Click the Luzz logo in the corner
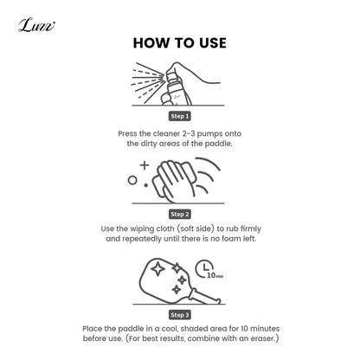point(36,25)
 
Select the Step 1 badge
point(180,116)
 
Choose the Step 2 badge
point(180,215)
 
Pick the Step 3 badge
point(180,315)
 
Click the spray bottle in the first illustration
point(176,88)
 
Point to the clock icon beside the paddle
point(204,268)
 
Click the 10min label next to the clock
point(215,275)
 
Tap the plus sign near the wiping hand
point(145,165)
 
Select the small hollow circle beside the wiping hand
point(132,181)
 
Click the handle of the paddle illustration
point(202,296)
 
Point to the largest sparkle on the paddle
point(158,270)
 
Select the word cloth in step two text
point(165,228)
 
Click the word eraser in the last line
point(262,338)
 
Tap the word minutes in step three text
point(265,329)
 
